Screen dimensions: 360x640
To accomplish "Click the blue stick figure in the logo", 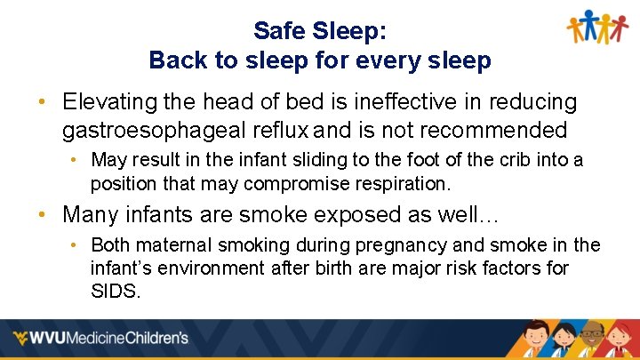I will click(588, 23).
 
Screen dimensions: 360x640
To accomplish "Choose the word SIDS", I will click(115, 291).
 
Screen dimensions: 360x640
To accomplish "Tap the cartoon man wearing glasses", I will click(592, 342).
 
